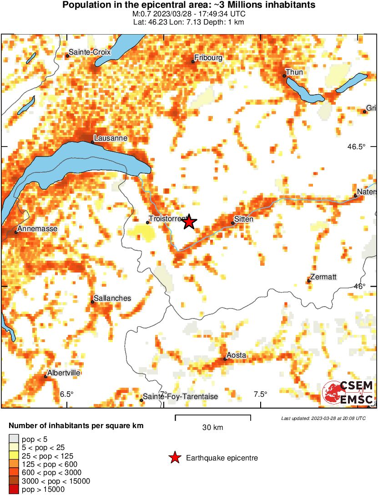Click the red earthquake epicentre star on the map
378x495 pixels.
point(190,222)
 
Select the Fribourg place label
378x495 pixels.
point(208,58)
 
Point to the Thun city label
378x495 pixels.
point(294,72)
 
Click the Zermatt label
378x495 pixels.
point(323,277)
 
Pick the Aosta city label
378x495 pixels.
point(237,355)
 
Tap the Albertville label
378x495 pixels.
point(65,373)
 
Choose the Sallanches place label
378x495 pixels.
point(112,298)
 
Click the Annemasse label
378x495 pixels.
point(38,229)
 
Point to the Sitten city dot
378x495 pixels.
point(233,223)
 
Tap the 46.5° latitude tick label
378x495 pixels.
point(357,146)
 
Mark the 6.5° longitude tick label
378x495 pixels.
point(67,394)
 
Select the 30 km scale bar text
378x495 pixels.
point(212,427)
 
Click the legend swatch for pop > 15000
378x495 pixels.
point(14,490)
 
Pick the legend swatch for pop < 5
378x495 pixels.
point(14,439)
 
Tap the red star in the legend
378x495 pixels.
point(175,458)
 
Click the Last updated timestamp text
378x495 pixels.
point(323,418)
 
